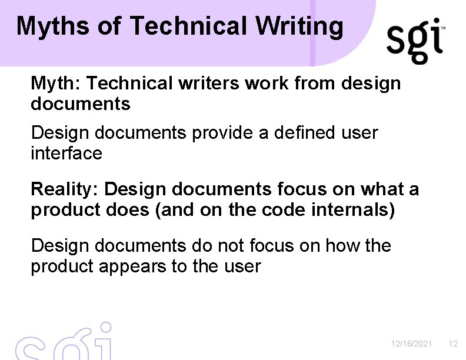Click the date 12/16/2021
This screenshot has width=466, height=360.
tap(411, 344)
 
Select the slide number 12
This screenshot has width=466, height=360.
tap(452, 344)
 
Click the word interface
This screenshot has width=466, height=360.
tap(66, 154)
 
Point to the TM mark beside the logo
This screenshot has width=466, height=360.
tap(442, 28)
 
